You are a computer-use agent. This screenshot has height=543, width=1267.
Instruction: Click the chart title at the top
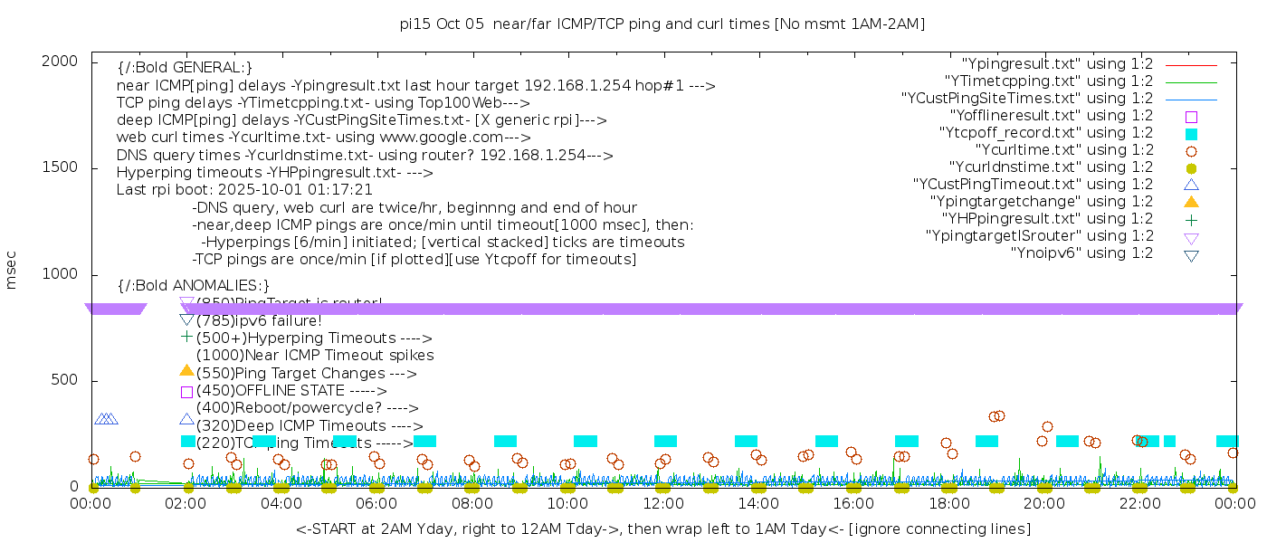662,24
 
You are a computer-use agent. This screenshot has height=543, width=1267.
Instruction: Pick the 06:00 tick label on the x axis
376,503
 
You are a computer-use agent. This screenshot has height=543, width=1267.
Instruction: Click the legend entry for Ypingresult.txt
1057,63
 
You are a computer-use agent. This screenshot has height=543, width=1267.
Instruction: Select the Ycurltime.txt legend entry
1063,149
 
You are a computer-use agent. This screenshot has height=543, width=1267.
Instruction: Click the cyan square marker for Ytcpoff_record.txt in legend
1191,133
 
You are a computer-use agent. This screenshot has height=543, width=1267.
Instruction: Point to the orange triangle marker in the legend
1191,201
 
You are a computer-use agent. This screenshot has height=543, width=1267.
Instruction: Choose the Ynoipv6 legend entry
1081,252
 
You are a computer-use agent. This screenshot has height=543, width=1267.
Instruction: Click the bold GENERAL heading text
185,68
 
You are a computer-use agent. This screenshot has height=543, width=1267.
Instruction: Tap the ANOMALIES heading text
194,286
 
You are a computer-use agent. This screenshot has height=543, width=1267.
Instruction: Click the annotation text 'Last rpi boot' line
244,190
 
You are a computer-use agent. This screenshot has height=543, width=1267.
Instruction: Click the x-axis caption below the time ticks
662,529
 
